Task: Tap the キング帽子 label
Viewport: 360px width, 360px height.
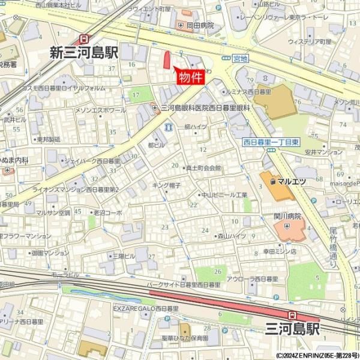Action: [x=166, y=185]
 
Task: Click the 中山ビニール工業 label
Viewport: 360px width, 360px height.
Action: [x=224, y=195]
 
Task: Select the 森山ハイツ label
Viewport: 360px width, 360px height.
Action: [x=232, y=236]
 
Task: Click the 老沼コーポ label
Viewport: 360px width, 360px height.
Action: [x=107, y=212]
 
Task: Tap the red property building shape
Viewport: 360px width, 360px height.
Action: [x=167, y=61]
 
